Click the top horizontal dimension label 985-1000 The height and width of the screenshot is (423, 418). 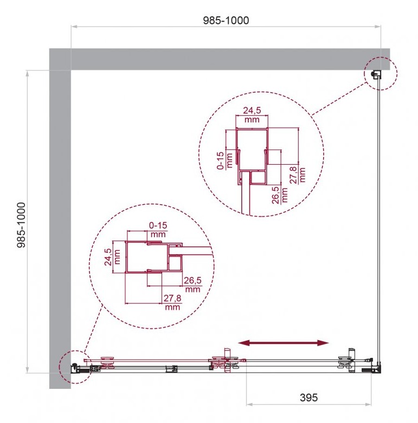226,21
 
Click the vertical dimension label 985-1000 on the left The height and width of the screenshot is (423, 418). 21,225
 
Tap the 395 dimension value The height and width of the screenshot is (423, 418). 308,398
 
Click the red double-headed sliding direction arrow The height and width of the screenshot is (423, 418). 283,343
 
